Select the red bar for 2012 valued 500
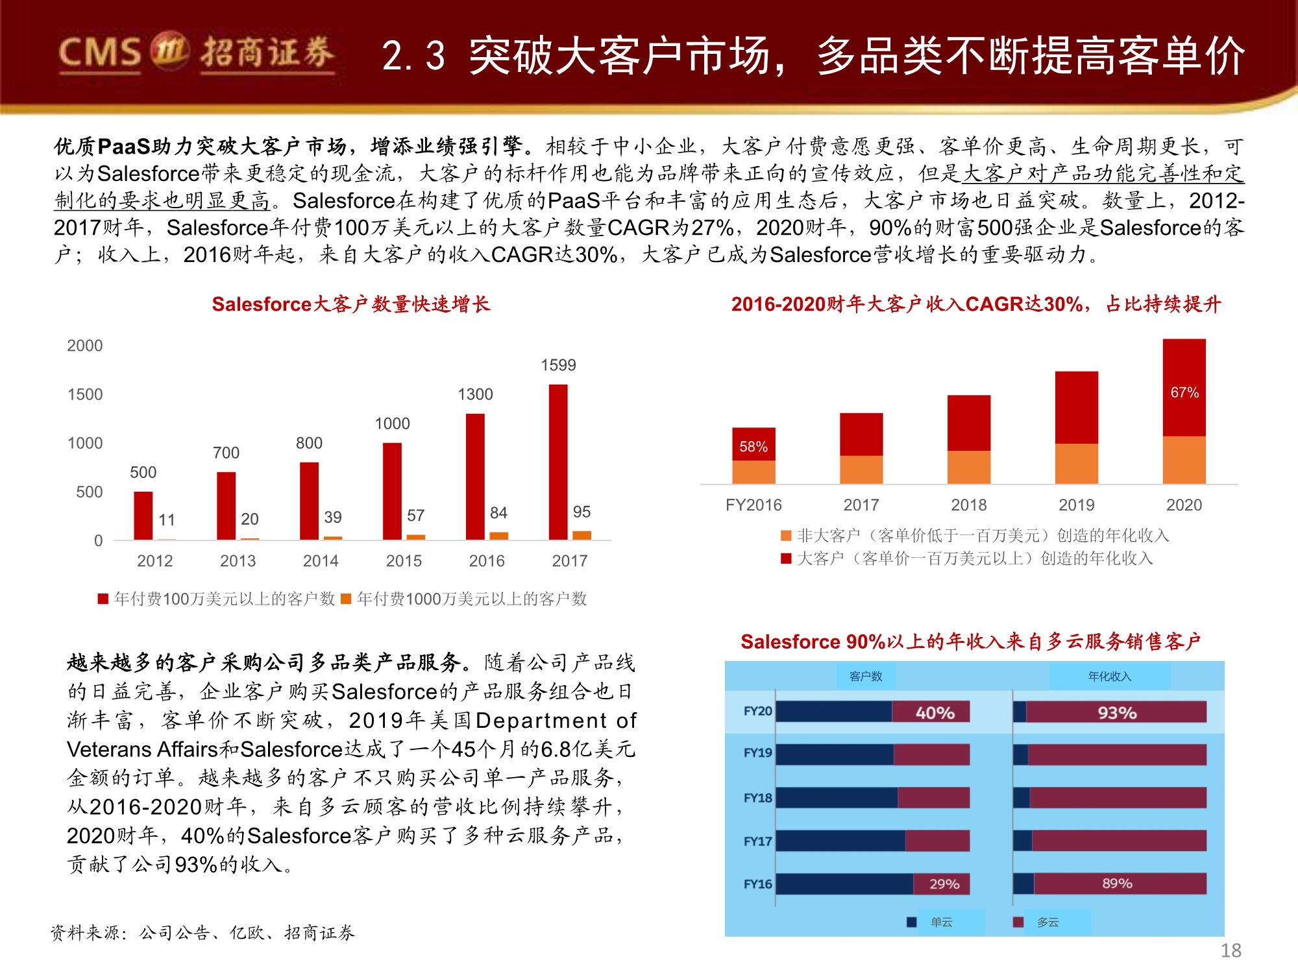pos(143,516)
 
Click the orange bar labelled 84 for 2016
pos(498,536)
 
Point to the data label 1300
pos(475,394)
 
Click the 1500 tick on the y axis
pos(85,394)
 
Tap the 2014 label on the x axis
pos(321,561)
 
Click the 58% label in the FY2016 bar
pos(753,447)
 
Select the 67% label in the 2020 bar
pos(1184,392)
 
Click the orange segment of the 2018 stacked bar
pos(969,467)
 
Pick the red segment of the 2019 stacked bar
pos(1077,407)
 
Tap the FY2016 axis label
pos(753,505)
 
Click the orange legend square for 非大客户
pos(786,536)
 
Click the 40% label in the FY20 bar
pos(935,713)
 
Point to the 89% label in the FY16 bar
pos(1117,883)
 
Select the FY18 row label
pos(757,798)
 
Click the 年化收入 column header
pos(1109,677)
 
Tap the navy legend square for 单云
pos(912,922)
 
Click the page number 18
pos(1231,950)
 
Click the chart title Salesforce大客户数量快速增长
pos(350,304)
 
